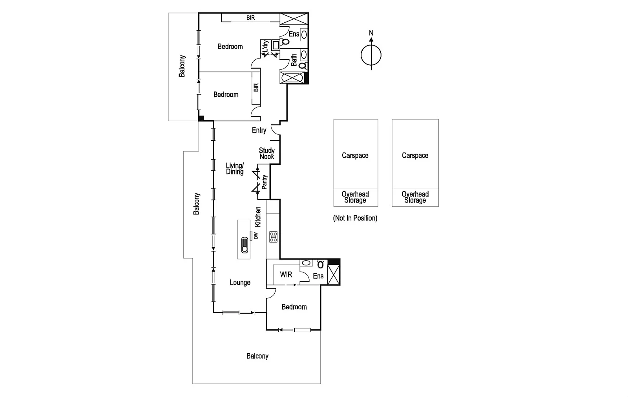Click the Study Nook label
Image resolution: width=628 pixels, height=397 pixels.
coord(267,154)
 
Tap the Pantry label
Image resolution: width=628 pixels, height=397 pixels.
coord(265,182)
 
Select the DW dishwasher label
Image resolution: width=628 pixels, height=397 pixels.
coord(256,235)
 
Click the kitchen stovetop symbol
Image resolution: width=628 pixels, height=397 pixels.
coord(273,237)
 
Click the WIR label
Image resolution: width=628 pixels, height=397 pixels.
coord(286,274)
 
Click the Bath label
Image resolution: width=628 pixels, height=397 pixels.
coord(294,60)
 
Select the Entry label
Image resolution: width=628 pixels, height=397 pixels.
coord(259,130)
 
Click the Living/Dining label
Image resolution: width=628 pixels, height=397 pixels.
coord(235,169)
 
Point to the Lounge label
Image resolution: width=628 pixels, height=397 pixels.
coord(240,283)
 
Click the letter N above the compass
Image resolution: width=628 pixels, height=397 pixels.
coord(371,33)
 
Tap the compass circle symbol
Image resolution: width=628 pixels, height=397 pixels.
coord(371,55)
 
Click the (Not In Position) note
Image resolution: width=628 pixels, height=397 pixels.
coord(355,218)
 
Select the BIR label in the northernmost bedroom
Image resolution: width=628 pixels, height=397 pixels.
coord(250,18)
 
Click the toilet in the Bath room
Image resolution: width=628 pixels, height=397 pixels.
coord(302,66)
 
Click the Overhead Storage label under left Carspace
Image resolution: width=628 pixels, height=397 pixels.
coord(355,197)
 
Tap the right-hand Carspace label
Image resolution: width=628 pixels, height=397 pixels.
coord(415,155)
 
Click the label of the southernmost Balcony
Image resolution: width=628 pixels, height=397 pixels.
coord(257,356)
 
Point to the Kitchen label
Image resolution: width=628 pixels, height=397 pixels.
coord(258,217)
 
